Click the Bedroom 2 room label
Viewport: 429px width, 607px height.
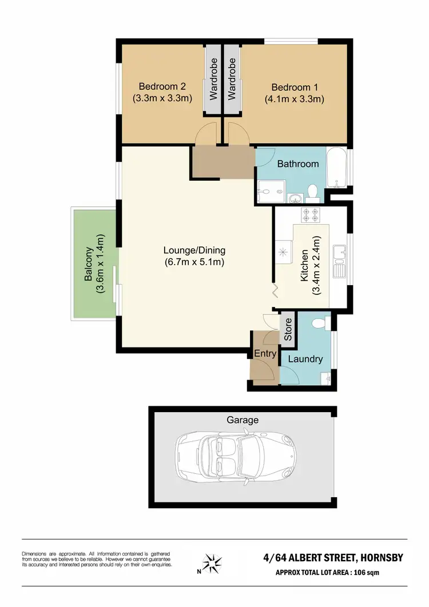[162, 87]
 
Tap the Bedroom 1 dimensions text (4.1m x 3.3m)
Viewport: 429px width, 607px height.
[294, 99]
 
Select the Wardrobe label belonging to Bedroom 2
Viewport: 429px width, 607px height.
[213, 79]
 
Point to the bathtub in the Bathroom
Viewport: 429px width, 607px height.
[336, 168]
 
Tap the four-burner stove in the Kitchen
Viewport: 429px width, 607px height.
[311, 215]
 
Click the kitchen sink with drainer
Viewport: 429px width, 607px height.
[340, 260]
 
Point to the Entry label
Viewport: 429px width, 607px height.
[265, 354]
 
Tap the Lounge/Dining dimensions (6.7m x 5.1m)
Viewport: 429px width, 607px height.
[194, 262]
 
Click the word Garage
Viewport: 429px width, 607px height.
[243, 420]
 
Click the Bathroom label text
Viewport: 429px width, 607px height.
[297, 164]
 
